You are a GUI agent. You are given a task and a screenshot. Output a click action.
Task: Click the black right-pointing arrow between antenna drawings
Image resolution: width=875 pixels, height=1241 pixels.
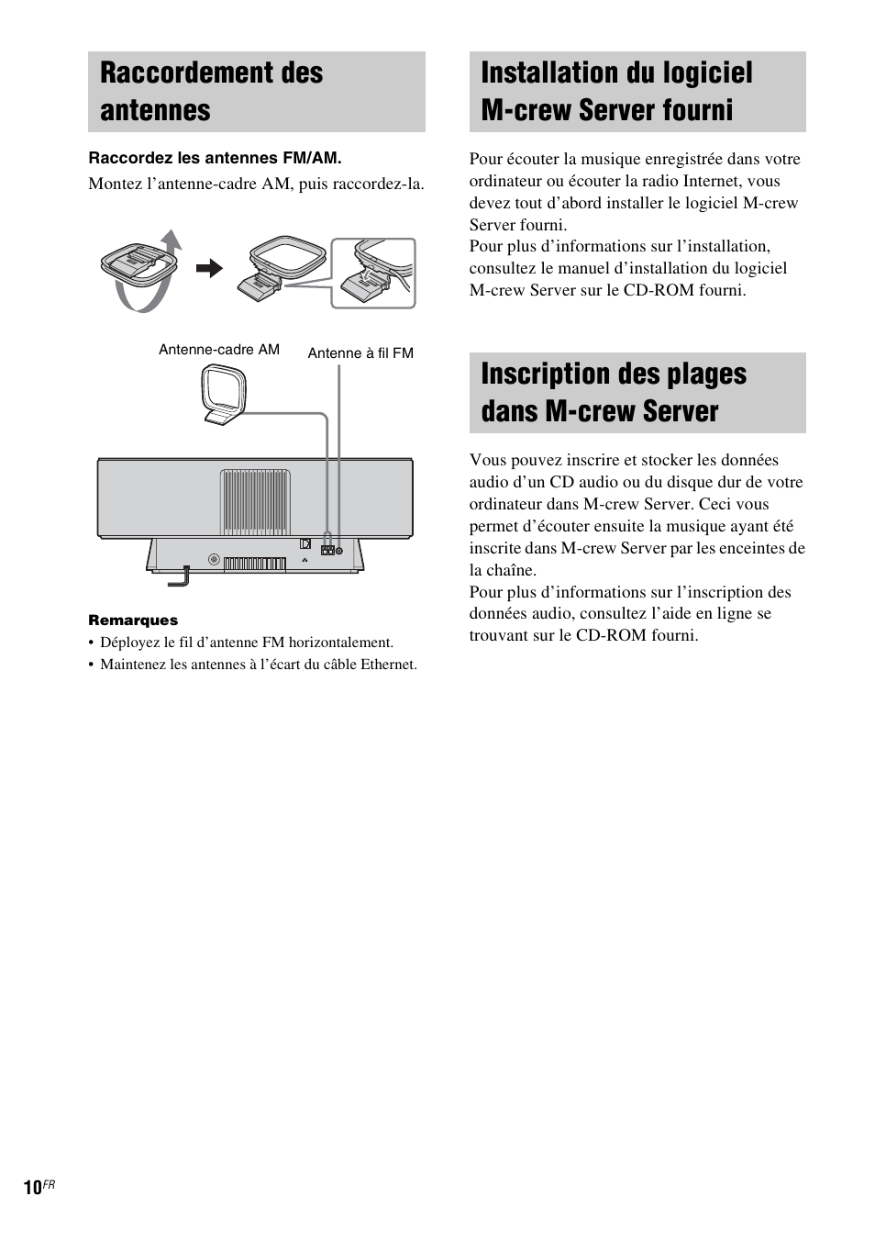click(209, 268)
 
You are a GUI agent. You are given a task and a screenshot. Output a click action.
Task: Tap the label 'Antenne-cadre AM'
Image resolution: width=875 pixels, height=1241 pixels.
click(219, 350)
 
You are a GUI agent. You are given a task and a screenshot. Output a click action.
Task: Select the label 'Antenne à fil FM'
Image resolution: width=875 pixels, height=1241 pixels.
click(360, 353)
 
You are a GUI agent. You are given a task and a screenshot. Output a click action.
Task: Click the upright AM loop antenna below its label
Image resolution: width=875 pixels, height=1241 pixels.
click(223, 396)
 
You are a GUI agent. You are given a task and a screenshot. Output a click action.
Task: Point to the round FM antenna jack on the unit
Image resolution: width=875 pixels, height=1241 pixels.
click(340, 551)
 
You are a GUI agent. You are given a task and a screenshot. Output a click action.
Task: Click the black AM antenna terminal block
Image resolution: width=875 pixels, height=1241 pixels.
click(327, 551)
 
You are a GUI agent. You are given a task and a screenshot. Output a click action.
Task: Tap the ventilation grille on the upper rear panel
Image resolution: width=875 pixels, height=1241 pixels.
click(255, 501)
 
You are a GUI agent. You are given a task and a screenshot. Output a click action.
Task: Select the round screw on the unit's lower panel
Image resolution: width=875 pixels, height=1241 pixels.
click(214, 560)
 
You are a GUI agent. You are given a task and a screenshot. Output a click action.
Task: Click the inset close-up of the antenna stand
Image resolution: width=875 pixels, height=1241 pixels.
click(373, 274)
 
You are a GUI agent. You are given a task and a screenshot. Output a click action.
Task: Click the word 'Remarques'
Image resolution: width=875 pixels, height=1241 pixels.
click(133, 620)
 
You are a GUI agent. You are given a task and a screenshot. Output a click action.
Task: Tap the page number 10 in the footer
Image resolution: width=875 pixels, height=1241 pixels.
click(32, 1188)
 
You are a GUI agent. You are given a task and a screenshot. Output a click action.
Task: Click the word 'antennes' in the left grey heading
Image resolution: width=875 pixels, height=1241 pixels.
click(155, 110)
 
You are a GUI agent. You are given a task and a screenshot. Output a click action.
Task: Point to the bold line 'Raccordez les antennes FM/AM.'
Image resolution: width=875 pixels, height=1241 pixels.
click(215, 158)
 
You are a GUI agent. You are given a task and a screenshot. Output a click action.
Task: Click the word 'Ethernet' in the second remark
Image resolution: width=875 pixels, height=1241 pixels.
click(389, 665)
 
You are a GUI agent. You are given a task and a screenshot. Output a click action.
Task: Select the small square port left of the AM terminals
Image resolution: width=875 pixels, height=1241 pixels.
click(305, 542)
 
